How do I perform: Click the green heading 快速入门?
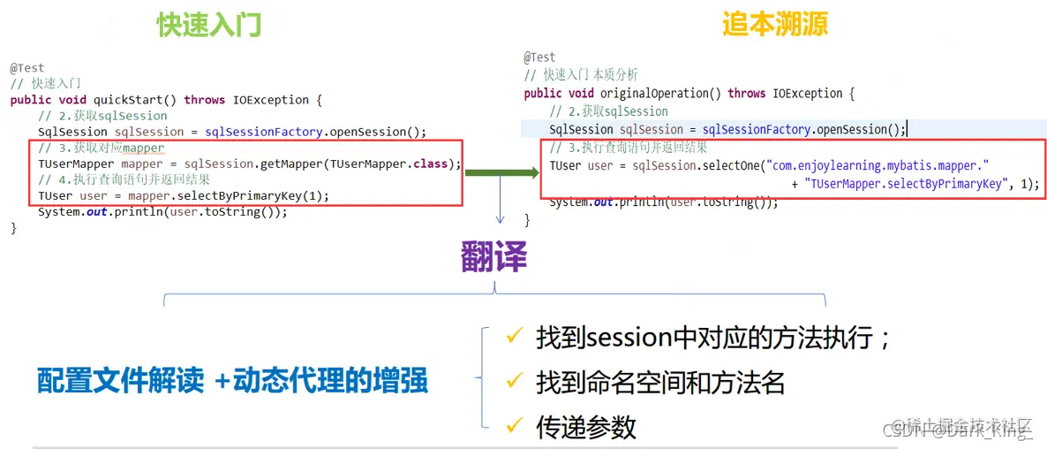click(209, 25)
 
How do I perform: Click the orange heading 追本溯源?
click(775, 24)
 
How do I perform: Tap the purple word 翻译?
click(493, 256)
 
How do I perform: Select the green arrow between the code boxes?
click(501, 171)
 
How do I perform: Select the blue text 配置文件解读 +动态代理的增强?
click(232, 380)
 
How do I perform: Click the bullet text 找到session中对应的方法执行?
click(714, 337)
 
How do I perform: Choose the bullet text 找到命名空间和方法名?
click(660, 382)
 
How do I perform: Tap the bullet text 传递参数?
click(586, 427)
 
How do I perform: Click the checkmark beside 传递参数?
click(514, 426)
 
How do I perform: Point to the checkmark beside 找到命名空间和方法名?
click(514, 381)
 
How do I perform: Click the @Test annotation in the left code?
click(27, 68)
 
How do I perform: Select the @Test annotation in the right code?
click(539, 57)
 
